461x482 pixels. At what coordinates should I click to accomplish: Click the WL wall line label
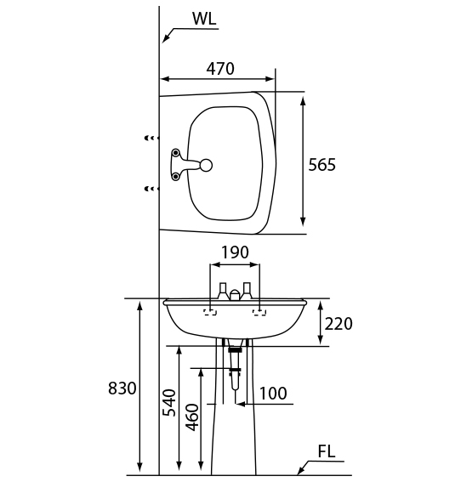pyautogui.click(x=204, y=19)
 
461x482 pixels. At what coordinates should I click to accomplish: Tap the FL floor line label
pyautogui.click(x=327, y=451)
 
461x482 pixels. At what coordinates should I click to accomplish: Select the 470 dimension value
pyautogui.click(x=220, y=69)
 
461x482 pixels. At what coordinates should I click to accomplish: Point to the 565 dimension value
pyautogui.click(x=322, y=164)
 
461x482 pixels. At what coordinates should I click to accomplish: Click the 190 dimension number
pyautogui.click(x=235, y=252)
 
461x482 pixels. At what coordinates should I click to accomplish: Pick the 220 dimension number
pyautogui.click(x=339, y=324)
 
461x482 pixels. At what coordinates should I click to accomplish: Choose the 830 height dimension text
pyautogui.click(x=122, y=388)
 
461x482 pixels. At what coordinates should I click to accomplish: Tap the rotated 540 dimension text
pyautogui.click(x=169, y=403)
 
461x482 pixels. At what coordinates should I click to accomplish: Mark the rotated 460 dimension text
pyautogui.click(x=192, y=417)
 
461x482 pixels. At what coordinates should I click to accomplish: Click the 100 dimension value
pyautogui.click(x=273, y=394)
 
